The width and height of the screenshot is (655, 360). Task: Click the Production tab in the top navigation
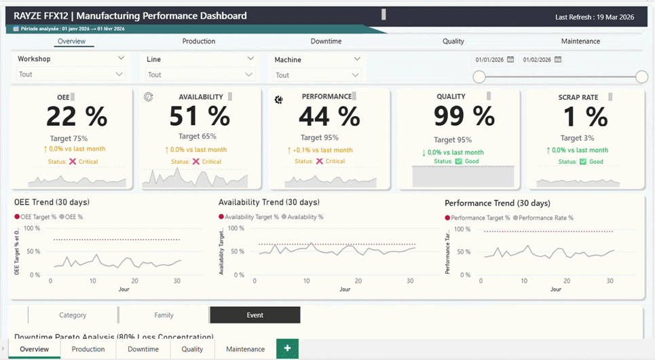[x=198, y=41]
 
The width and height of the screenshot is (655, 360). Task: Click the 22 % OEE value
[x=76, y=117]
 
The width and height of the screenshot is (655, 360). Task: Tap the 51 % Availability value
[x=200, y=117]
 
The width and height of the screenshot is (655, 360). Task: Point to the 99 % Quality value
[x=464, y=116]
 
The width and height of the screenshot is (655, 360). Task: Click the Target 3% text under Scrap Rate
[x=578, y=139]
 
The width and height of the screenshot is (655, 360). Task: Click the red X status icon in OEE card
[x=73, y=162]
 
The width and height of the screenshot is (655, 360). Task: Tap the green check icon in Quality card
[x=458, y=161]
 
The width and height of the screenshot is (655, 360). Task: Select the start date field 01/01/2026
[x=489, y=60]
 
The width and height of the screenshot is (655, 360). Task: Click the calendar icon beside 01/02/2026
[x=558, y=60]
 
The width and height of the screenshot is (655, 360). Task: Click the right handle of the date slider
[x=641, y=77]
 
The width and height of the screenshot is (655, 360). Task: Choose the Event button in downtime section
[x=255, y=315]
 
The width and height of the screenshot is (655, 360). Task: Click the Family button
[x=164, y=315]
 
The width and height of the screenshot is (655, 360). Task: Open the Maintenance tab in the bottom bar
[x=245, y=349]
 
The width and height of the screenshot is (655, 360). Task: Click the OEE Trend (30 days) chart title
[x=52, y=202]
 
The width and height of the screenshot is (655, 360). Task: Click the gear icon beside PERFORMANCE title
[x=278, y=100]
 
